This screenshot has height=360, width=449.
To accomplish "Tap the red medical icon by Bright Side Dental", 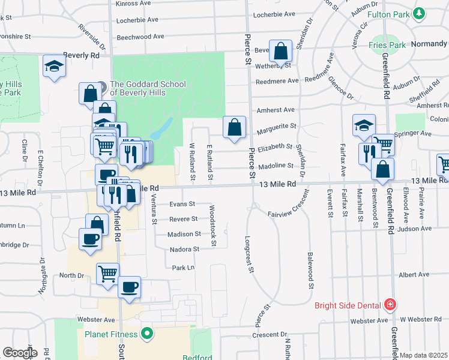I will (391, 305).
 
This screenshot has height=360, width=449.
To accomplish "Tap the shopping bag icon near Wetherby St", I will (280, 52).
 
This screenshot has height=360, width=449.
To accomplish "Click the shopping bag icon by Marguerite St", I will (234, 127).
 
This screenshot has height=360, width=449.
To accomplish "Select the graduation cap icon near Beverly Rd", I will (54, 65).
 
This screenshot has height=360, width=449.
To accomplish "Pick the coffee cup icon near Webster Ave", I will (129, 287).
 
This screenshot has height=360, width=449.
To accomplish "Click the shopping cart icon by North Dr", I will (107, 274).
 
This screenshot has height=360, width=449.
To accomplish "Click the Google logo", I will (20, 353).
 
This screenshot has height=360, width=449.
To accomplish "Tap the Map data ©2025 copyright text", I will (424, 356).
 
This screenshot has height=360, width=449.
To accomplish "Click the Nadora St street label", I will (184, 249).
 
